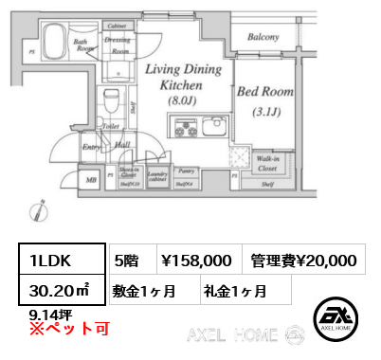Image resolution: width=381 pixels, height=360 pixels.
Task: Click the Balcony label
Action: tap(263, 37)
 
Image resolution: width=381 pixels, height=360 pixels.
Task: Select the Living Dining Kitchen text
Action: tap(183, 82)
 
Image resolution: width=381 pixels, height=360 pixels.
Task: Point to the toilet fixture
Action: tap(110, 101)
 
